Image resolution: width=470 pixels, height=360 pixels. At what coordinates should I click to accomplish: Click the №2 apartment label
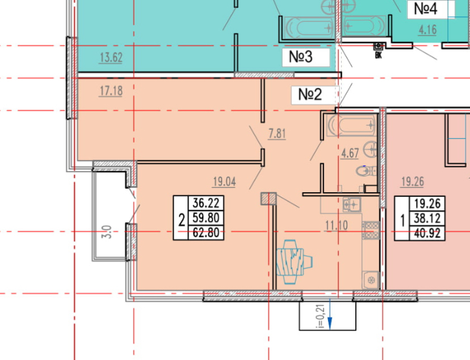(x=310, y=95)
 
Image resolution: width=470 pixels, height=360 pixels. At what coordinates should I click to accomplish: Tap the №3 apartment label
(x=301, y=57)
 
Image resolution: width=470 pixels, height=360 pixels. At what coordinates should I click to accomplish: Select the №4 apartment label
(x=426, y=9)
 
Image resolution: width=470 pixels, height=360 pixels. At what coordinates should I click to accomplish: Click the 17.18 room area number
(x=111, y=91)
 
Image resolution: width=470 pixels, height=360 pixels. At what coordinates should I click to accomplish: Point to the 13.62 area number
(x=111, y=57)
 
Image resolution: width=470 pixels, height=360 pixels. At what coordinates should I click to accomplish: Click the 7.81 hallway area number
(x=277, y=134)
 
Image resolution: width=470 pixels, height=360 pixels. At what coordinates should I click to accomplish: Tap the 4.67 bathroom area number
(x=350, y=153)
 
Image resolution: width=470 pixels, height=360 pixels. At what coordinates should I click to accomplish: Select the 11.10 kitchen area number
(x=337, y=226)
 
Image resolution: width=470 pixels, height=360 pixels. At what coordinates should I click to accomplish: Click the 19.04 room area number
(x=224, y=181)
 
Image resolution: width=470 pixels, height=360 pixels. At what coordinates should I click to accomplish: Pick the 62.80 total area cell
(x=206, y=232)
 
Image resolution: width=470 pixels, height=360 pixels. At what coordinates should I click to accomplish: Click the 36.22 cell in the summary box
(x=206, y=203)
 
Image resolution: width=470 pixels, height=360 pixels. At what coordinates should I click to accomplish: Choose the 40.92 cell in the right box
(x=427, y=234)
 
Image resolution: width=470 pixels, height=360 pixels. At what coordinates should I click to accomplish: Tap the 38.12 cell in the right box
(x=427, y=219)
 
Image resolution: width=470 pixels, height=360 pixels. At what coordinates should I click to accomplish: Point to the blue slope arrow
(x=330, y=314)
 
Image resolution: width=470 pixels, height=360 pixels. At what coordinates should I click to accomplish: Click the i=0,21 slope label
(x=321, y=316)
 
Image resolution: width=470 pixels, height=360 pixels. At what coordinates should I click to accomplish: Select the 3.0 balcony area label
(x=108, y=232)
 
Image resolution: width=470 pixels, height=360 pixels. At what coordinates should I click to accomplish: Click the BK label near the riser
(x=378, y=56)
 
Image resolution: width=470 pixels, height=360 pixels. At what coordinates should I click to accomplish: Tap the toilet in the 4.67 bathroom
(x=366, y=171)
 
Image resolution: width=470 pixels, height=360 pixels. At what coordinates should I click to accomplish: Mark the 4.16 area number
(x=427, y=30)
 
